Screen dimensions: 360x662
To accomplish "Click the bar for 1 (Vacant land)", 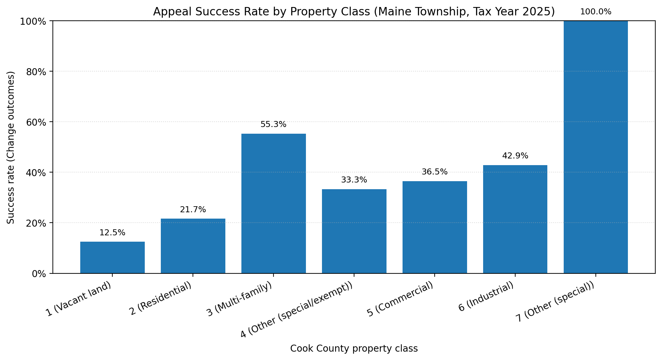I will [112, 257].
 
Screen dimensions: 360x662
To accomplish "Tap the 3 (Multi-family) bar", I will [273, 203].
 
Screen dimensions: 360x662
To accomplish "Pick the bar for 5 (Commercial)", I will [435, 227].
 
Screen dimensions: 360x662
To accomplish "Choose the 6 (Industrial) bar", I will [515, 219].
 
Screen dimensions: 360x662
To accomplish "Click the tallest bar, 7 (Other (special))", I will [596, 147].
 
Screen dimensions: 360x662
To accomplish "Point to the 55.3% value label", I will [273, 125].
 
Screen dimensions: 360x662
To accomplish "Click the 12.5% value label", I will [112, 233].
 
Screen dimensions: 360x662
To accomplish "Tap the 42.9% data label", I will [515, 156].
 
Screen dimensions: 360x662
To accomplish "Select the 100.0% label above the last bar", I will [596, 12].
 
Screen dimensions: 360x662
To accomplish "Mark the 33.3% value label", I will [354, 180].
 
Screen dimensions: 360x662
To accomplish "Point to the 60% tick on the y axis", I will [36, 122].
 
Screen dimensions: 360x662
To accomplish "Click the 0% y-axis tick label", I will [39, 274].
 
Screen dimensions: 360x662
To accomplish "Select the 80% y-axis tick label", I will [36, 72].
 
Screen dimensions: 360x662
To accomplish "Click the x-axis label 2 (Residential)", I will [161, 299].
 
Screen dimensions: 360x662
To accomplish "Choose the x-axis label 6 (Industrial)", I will [486, 297].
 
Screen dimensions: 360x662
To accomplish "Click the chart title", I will [354, 12].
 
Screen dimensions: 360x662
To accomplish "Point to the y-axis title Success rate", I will [11, 147].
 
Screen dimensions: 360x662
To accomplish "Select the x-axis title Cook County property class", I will [354, 349].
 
